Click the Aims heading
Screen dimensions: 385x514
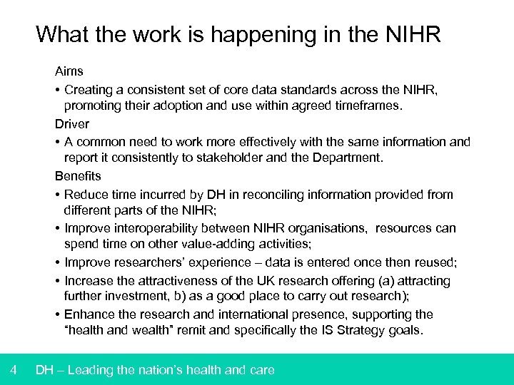(69, 71)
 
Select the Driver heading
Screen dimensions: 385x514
(71, 123)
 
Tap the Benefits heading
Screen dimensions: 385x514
(78, 175)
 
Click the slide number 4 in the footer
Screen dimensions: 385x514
(14, 369)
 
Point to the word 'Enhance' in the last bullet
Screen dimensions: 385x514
(89, 314)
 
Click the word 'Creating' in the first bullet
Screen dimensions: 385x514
(88, 90)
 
